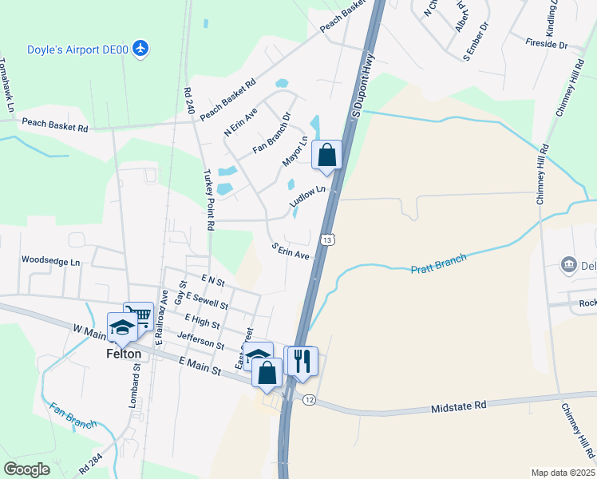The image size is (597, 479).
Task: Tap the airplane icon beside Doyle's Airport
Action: (141, 49)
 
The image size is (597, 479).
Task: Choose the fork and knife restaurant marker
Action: (302, 360)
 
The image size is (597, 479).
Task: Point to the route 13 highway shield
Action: (327, 239)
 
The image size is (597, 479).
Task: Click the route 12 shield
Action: (309, 399)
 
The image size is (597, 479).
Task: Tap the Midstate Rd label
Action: (458, 406)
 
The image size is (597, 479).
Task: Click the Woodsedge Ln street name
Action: (51, 261)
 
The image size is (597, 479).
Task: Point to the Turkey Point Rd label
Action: (209, 200)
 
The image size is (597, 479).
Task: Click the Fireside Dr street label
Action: (547, 46)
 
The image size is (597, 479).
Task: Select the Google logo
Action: (26, 469)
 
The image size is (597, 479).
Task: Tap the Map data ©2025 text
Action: (563, 473)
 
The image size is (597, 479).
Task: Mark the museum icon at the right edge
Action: (569, 264)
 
